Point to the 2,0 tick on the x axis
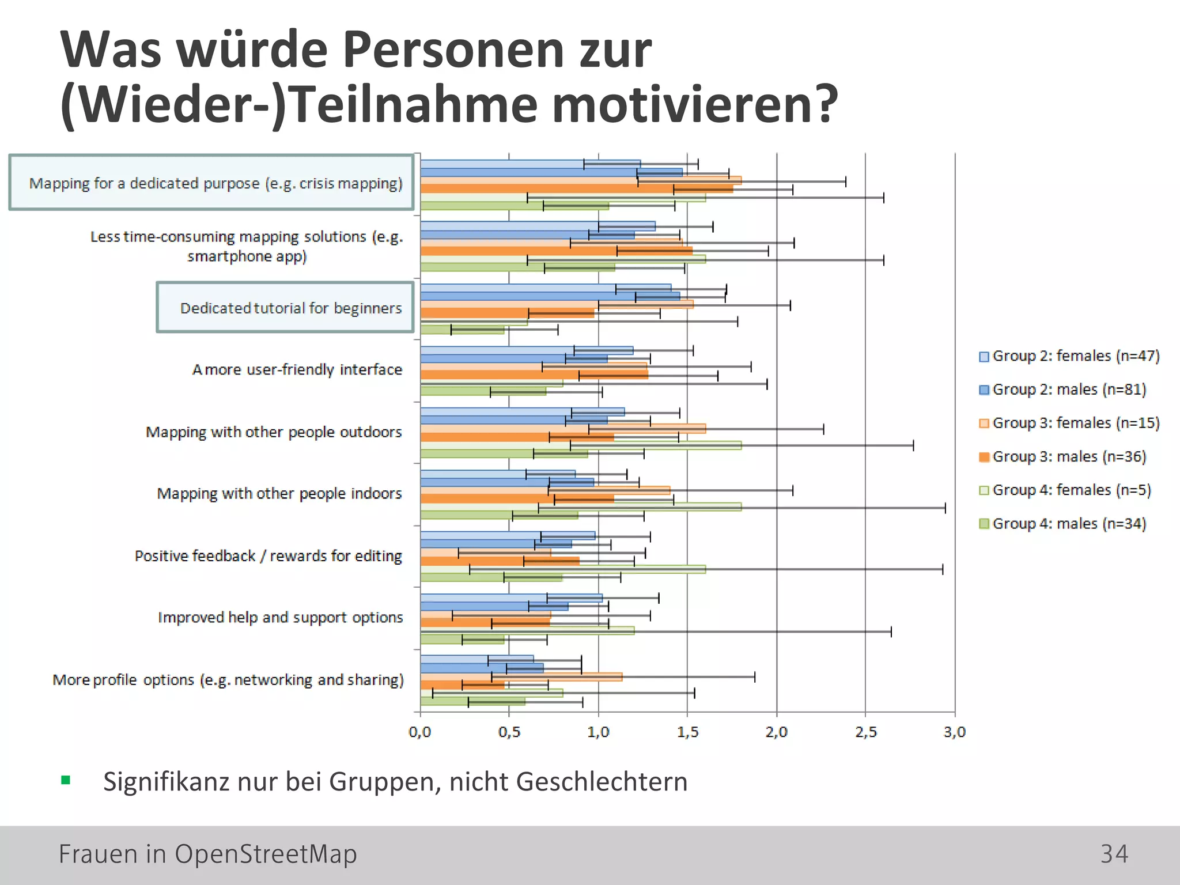776,732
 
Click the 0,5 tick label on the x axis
509,732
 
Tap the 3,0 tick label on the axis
954,732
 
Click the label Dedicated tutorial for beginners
290,308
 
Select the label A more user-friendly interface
297,370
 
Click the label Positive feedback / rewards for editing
268,556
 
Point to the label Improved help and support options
280,618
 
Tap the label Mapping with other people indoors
279,494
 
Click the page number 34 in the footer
1114,854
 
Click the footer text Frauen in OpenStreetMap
207,854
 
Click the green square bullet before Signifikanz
66,781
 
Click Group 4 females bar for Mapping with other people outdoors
581,445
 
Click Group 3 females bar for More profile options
521,677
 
